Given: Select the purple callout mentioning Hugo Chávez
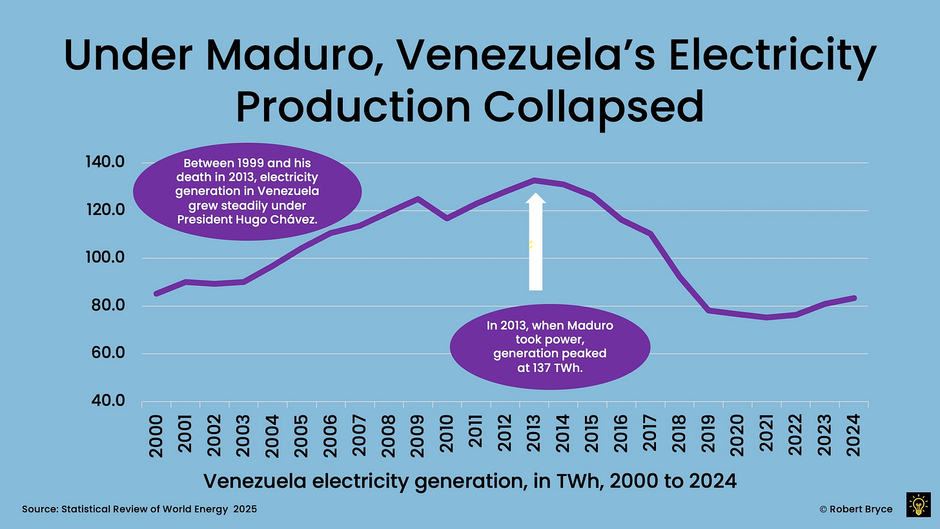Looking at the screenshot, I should (x=247, y=191).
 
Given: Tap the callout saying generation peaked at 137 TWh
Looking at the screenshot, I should (x=549, y=347).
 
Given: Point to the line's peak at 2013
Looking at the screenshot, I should (x=535, y=180).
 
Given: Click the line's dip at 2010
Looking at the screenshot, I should (x=447, y=218).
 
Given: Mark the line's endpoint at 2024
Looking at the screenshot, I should (x=853, y=298).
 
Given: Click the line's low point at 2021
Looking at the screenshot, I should (x=766, y=317).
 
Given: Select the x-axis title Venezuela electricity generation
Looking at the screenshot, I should (x=471, y=481).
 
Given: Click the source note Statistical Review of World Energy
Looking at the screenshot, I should (x=139, y=510).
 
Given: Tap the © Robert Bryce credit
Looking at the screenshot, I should (x=855, y=510).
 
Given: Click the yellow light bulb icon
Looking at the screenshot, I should (x=918, y=504).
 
